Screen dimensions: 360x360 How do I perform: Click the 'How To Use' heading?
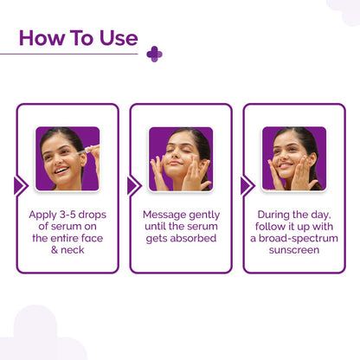coord(78,39)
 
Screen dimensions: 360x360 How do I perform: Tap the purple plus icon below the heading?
coord(154,55)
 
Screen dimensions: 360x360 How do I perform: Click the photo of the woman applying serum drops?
coord(67,158)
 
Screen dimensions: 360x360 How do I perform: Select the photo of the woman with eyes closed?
coord(180,158)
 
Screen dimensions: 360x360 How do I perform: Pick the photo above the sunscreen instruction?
coord(293,158)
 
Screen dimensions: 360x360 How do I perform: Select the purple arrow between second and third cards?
coord(247,185)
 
